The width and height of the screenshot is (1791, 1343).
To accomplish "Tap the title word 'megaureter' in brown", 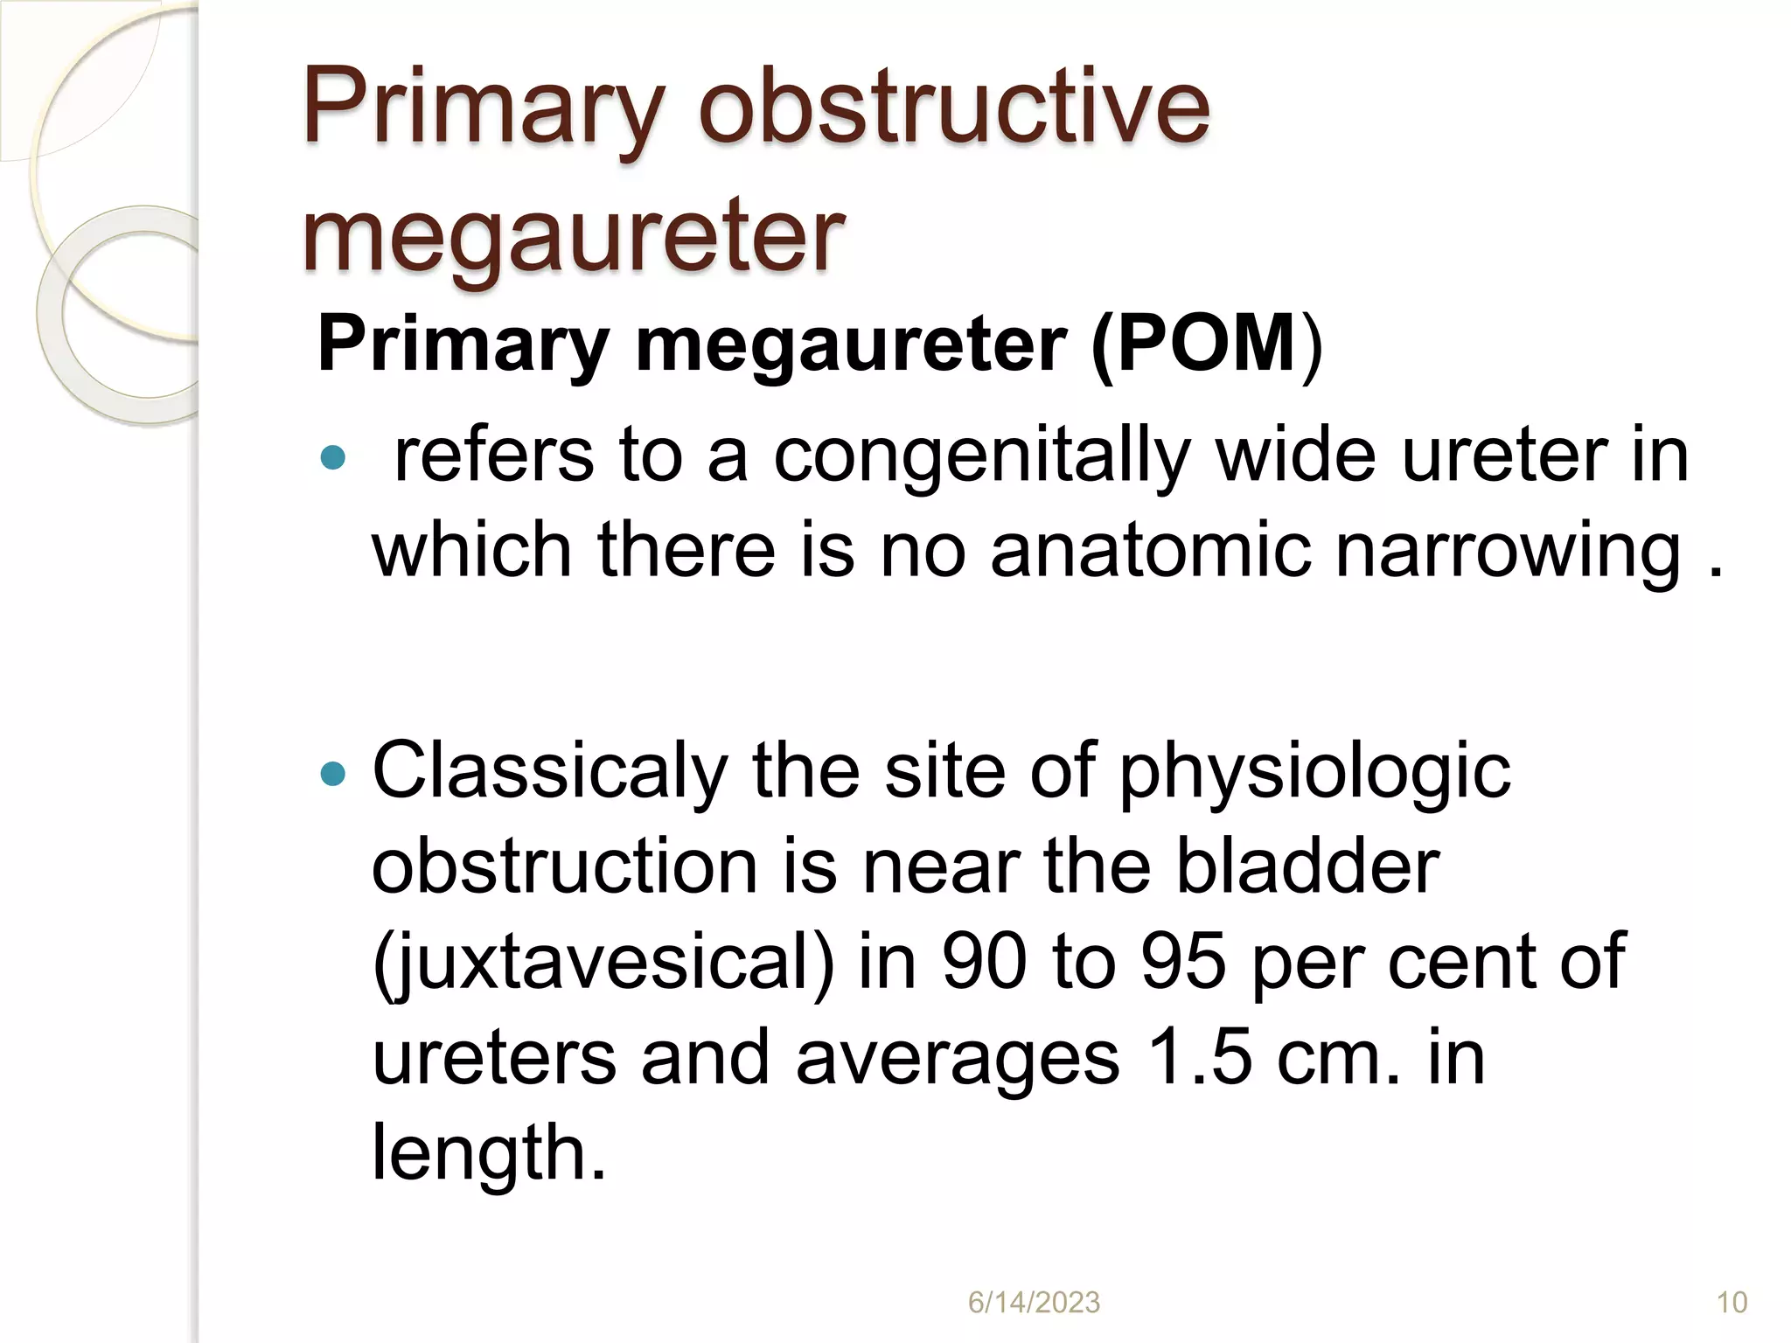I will (x=573, y=234).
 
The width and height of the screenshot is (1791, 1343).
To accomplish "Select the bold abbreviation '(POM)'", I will (x=1207, y=344).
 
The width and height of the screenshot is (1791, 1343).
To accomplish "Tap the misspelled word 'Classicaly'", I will (x=550, y=771).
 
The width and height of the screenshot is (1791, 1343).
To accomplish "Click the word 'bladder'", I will (x=1307, y=866).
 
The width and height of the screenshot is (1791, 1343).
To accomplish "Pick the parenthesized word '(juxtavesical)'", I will (x=603, y=962).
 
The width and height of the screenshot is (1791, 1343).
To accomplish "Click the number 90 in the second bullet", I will (x=984, y=962).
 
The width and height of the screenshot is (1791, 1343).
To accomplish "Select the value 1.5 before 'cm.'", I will (x=1199, y=1057).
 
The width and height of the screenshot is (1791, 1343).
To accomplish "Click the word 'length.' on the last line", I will (x=489, y=1152).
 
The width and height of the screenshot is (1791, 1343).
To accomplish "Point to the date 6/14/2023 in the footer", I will (x=1034, y=1303).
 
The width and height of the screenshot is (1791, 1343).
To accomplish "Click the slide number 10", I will (x=1732, y=1303).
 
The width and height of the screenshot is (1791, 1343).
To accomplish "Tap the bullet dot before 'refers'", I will (x=333, y=456).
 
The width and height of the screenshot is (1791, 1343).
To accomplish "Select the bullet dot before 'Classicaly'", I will (x=333, y=773).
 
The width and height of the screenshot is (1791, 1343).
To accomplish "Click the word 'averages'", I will (x=958, y=1057).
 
